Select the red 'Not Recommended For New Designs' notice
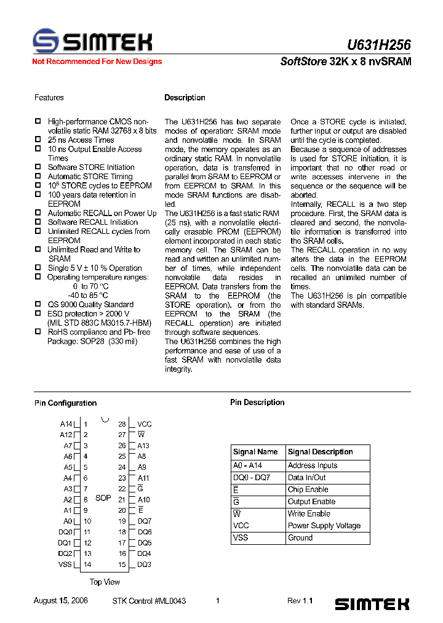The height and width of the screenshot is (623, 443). (97, 62)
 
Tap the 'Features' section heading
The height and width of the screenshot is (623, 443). (49, 98)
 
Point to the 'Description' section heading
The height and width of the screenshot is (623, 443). (185, 98)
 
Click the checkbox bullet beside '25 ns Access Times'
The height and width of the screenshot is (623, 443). (38, 140)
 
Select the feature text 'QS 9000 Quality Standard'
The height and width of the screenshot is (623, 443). (90, 305)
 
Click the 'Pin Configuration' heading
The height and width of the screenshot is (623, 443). (65, 403)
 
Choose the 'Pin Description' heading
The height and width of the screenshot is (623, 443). (257, 403)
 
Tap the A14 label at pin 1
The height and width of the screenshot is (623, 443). (66, 424)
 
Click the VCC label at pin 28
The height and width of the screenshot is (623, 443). (144, 424)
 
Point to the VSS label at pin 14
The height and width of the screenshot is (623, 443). (65, 565)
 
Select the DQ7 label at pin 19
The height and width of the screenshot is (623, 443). (145, 521)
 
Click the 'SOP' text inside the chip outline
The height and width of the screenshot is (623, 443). (103, 497)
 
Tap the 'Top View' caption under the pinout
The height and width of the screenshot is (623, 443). (105, 582)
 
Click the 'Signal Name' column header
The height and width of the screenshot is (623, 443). (255, 452)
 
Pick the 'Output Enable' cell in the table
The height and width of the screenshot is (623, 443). (311, 502)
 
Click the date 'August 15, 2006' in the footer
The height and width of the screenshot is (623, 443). (60, 601)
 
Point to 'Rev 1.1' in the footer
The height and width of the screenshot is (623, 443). (300, 601)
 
